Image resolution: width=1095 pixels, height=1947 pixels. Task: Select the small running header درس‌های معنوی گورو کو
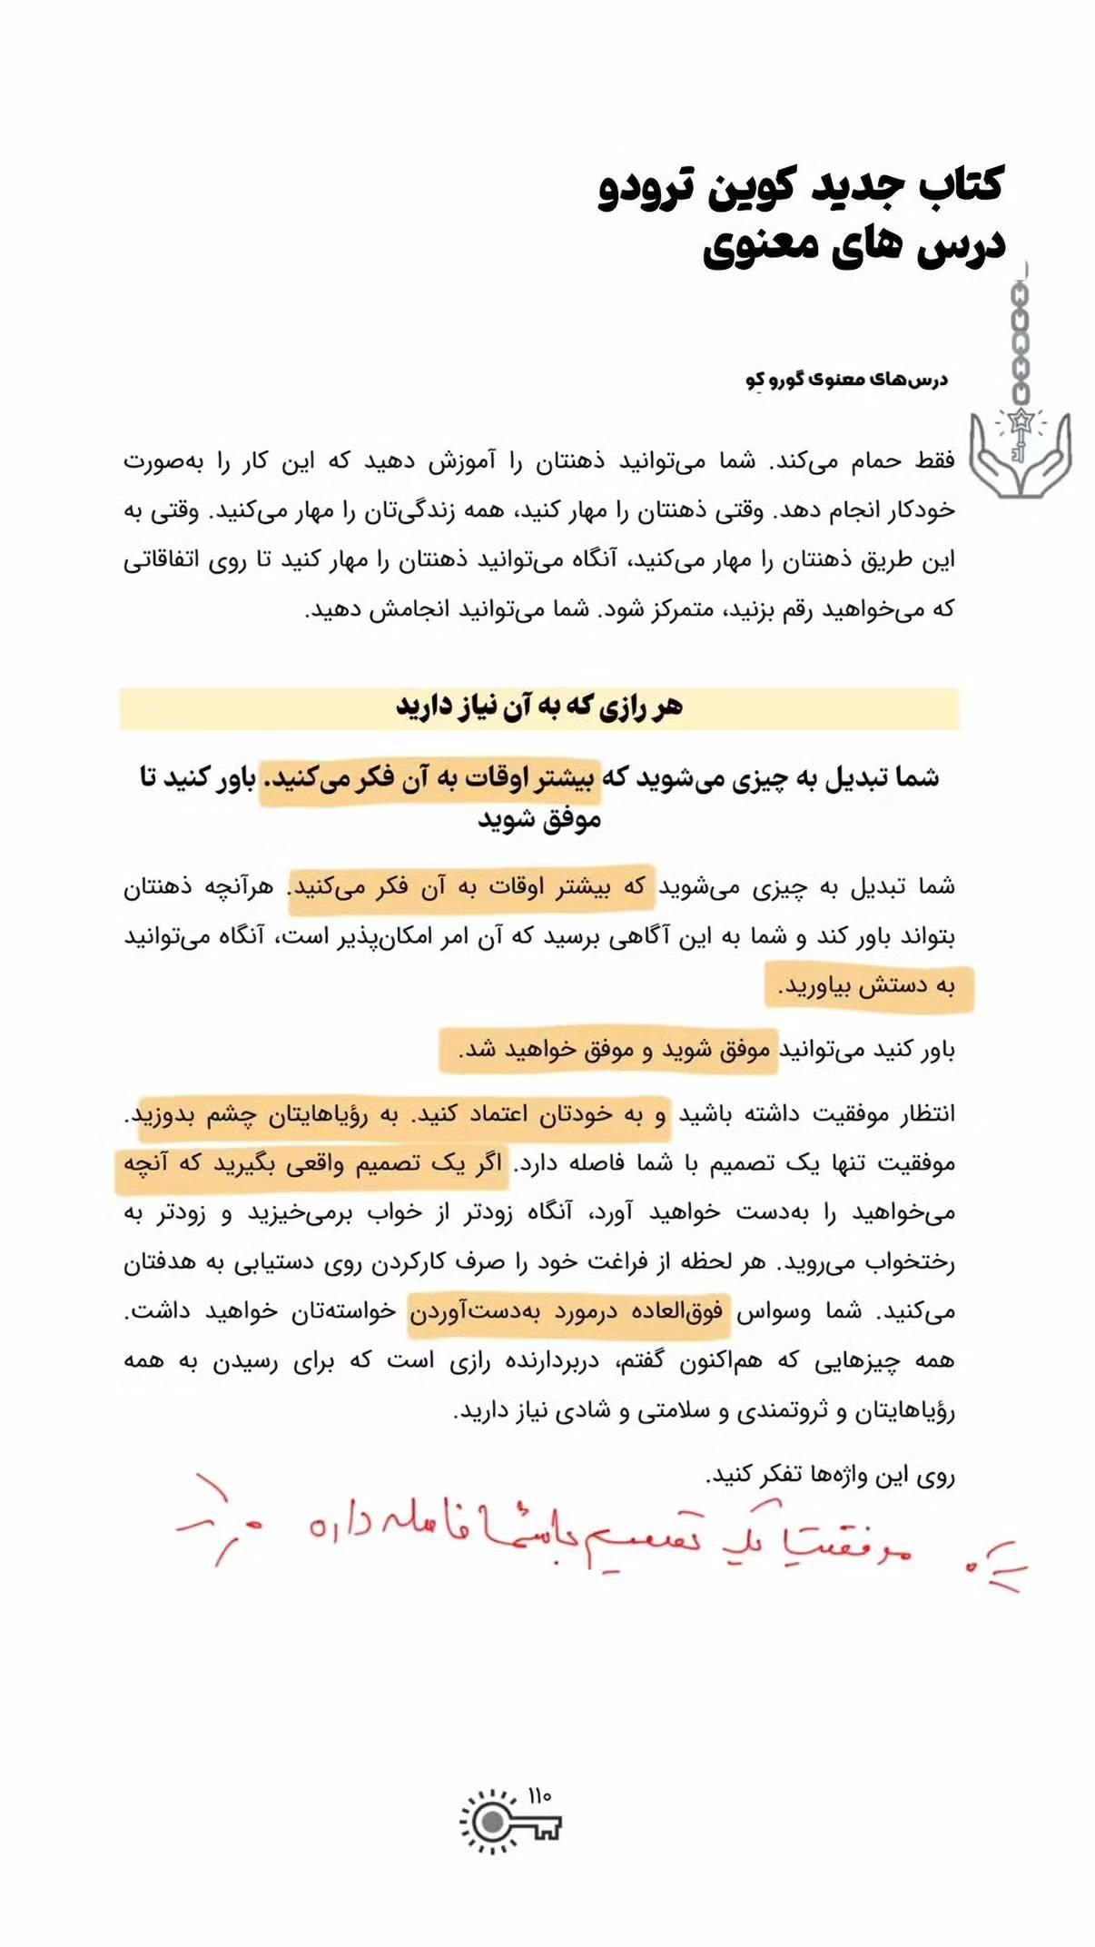point(846,380)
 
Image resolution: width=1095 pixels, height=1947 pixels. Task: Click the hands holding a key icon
point(1019,454)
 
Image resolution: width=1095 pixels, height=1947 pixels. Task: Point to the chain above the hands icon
point(1021,341)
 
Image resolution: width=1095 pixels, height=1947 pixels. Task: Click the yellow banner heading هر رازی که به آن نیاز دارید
point(538,707)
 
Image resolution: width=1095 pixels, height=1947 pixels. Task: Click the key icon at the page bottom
point(510,1822)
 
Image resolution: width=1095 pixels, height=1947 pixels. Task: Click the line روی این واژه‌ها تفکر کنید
point(831,1476)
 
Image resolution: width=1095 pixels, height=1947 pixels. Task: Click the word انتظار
point(921,1114)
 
